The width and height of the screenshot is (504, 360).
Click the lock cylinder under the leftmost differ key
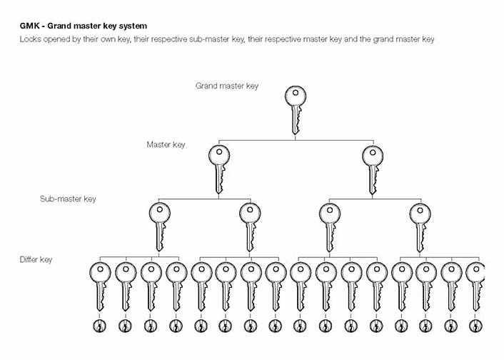(100, 326)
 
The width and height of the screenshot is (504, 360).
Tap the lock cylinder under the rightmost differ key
(475, 326)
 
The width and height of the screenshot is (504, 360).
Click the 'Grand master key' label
(227, 86)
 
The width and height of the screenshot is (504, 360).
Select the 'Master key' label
(166, 144)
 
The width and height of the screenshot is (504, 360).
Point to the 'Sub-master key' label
(68, 199)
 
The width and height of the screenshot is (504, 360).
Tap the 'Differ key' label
(36, 259)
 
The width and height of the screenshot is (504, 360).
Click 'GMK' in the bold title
(30, 26)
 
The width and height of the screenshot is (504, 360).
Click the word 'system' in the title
(133, 26)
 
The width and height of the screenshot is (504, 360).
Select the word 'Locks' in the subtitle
(31, 39)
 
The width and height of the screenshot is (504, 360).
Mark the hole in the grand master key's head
(295, 94)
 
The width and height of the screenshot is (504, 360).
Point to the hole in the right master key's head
(372, 152)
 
